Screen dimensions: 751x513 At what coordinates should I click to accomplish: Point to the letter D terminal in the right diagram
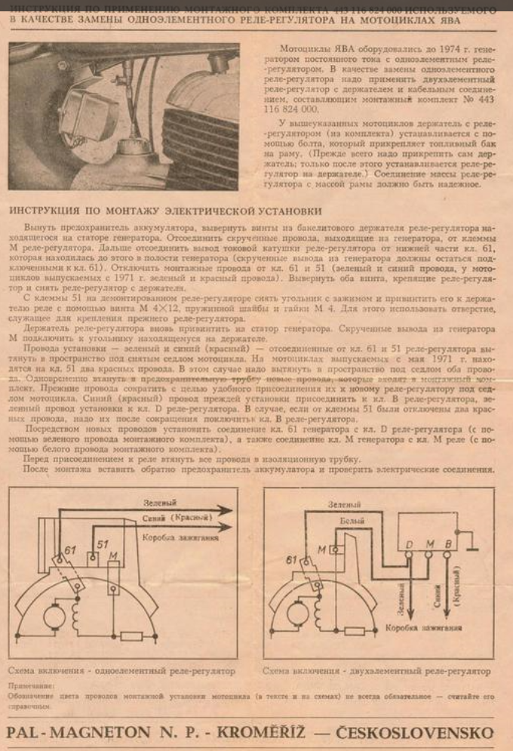coord(409,543)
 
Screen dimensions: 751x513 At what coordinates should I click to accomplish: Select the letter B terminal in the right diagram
coord(451,543)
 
